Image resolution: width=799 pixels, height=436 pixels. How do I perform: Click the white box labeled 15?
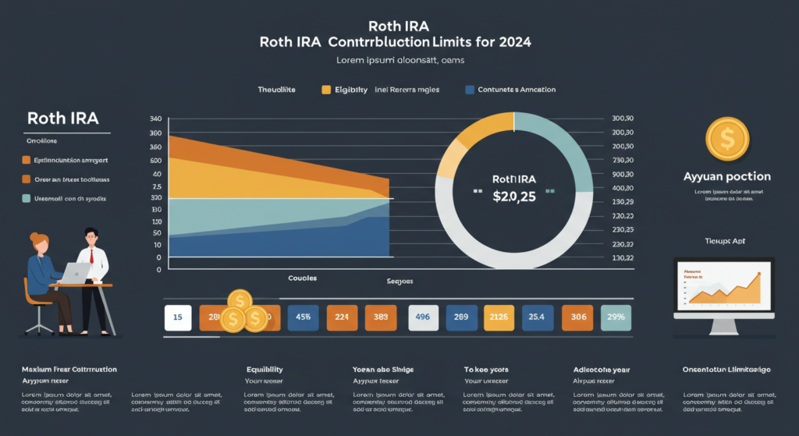pos(178,317)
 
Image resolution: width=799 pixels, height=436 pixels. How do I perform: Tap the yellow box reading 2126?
pos(497,317)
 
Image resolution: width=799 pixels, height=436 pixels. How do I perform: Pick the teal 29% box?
pos(616,317)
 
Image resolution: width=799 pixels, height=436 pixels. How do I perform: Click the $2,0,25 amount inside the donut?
pos(513,195)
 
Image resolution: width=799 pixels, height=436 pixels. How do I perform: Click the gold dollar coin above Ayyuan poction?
pos(726,140)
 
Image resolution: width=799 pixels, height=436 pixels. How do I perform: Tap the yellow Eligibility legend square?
pos(327,90)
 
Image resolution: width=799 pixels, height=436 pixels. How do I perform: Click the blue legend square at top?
pos(470,90)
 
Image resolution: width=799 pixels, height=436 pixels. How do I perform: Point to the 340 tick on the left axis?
pos(155,119)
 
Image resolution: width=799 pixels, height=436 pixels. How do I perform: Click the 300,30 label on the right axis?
pos(623,119)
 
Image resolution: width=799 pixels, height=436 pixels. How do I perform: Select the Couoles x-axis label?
pos(302,278)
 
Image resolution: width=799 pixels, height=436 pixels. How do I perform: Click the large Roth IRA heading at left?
pos(62,119)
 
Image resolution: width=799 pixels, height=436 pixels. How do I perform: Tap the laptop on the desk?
pos(76,272)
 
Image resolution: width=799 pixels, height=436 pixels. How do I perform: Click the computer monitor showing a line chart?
pos(723,285)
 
